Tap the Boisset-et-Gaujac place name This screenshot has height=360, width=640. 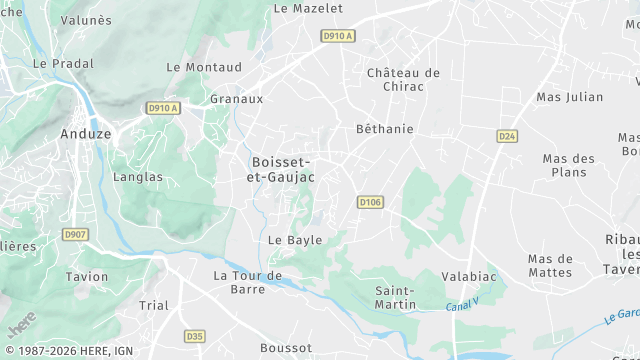coord(281,169)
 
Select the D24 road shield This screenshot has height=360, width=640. coord(507,135)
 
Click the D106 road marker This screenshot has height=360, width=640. coord(371,202)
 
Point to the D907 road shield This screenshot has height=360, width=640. coord(75,235)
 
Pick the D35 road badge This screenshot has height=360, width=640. coord(195,336)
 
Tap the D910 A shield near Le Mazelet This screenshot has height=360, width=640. coord(337,36)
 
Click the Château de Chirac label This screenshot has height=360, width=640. coord(403,79)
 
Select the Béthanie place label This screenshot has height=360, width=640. coord(385,129)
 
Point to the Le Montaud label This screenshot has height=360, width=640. coord(204,67)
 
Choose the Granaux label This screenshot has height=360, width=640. coord(237,99)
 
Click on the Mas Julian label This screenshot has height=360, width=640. coord(570,97)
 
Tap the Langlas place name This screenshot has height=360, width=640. coord(139,177)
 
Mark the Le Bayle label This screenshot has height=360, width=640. coord(295,241)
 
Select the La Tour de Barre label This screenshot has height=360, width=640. coord(247,282)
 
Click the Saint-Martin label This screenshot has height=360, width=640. coord(396,297)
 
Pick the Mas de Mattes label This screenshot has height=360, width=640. coord(550,266)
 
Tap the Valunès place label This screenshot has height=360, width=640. coord(86,20)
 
